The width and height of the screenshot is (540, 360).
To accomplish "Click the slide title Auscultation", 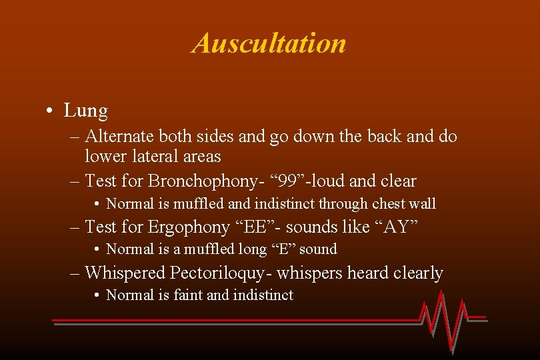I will [x=269, y=43].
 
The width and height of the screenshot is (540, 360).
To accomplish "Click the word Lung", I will [x=85, y=110].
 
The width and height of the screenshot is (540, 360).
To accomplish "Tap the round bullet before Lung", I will [x=51, y=111].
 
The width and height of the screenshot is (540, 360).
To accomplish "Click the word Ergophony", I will [x=189, y=227].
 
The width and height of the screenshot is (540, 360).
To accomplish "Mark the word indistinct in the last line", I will [x=263, y=295].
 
